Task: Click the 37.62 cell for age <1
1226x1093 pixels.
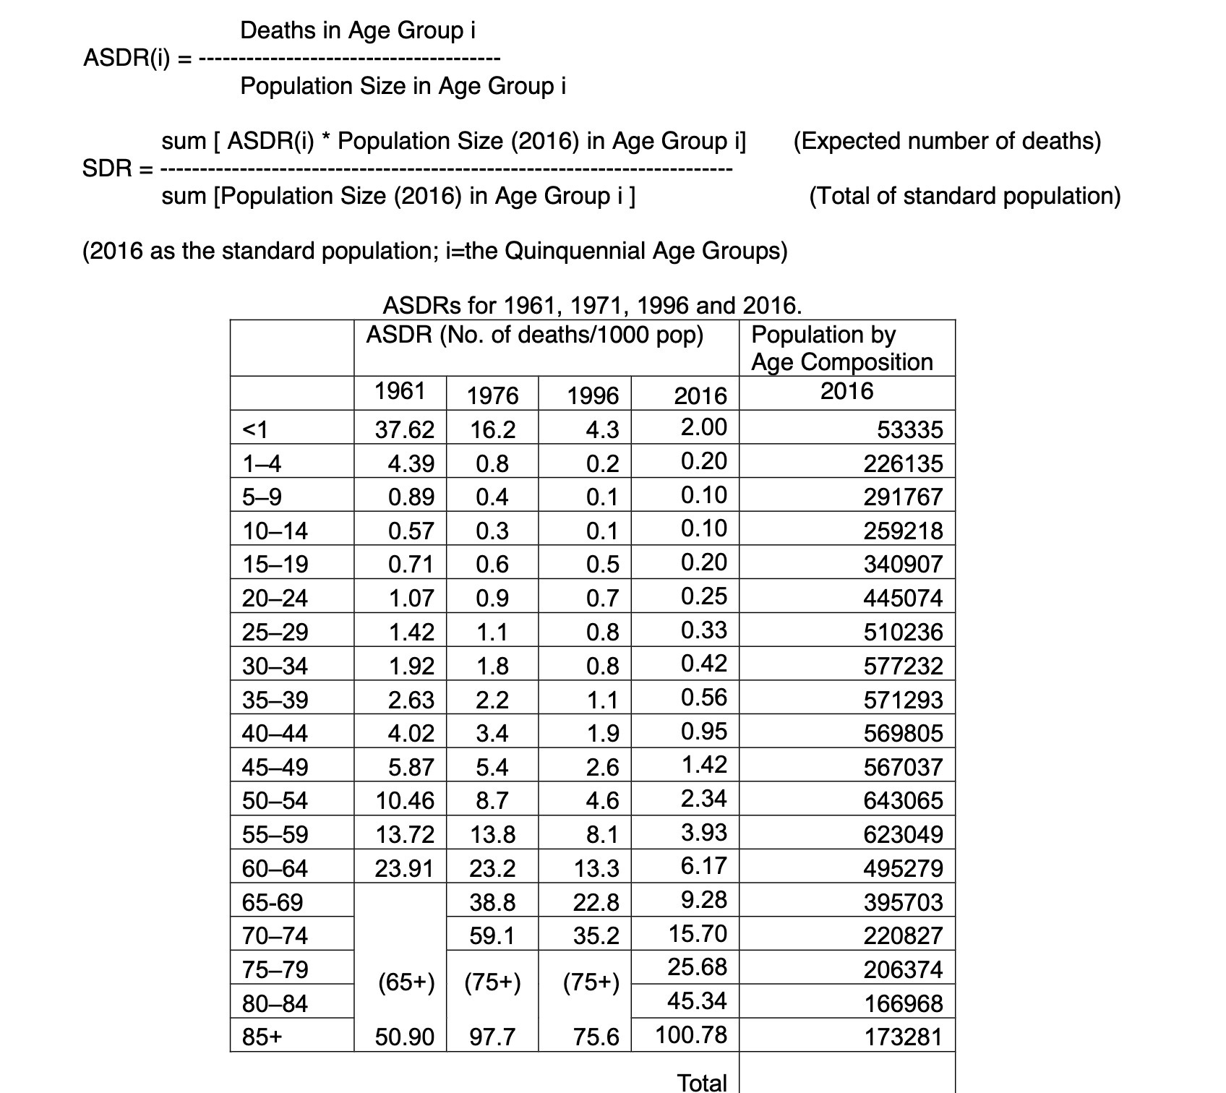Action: pyautogui.click(x=404, y=429)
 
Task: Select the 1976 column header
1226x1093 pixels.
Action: pyautogui.click(x=492, y=395)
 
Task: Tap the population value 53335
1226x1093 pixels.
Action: pyautogui.click(x=909, y=429)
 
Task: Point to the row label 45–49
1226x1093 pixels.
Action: pyautogui.click(x=275, y=767)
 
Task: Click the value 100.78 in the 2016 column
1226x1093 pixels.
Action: pyautogui.click(x=691, y=1034)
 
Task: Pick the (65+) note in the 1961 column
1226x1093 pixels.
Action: pyautogui.click(x=406, y=982)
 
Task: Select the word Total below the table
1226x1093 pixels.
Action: pyautogui.click(x=701, y=1082)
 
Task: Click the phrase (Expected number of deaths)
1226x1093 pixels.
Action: pyautogui.click(x=947, y=140)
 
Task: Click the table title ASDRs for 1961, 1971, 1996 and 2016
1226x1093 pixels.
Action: pyautogui.click(x=592, y=305)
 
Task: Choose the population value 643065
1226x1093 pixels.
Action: pyautogui.click(x=903, y=800)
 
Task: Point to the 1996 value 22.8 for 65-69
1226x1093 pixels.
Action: pyautogui.click(x=596, y=902)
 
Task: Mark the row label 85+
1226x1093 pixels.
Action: pyautogui.click(x=262, y=1037)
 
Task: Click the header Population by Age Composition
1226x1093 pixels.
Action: pyautogui.click(x=841, y=348)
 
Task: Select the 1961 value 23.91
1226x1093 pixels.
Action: pyautogui.click(x=404, y=867)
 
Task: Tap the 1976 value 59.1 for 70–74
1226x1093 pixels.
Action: pyautogui.click(x=492, y=936)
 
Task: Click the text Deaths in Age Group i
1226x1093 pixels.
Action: pyautogui.click(x=358, y=30)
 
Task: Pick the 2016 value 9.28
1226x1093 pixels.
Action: pyautogui.click(x=703, y=899)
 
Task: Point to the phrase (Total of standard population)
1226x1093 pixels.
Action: pyautogui.click(x=964, y=196)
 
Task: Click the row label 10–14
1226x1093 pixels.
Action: pyautogui.click(x=275, y=531)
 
